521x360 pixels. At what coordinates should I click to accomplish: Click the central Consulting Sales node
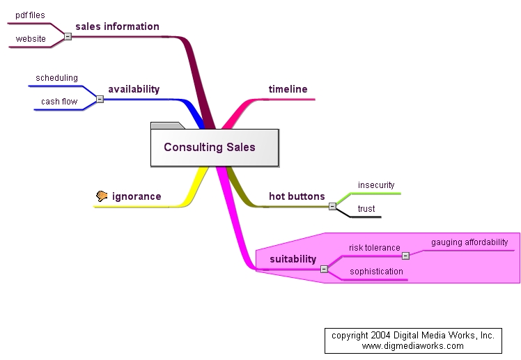click(x=210, y=147)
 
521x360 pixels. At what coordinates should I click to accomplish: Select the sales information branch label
click(x=117, y=26)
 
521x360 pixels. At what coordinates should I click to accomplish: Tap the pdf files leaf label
click(x=30, y=15)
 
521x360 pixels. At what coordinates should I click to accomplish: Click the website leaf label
click(x=31, y=39)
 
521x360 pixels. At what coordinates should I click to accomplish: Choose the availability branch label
click(x=134, y=89)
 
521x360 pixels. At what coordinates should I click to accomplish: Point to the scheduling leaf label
click(x=56, y=78)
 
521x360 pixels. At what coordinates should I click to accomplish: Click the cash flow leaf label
click(x=59, y=102)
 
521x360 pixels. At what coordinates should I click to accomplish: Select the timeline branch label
click(x=288, y=89)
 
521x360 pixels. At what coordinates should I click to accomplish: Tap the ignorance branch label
click(x=137, y=196)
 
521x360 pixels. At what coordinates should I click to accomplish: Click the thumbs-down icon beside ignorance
click(x=102, y=196)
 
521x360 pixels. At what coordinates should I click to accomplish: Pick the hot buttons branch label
click(x=297, y=196)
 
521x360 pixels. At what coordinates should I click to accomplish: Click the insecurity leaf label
click(x=376, y=185)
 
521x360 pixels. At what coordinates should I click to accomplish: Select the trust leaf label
click(x=366, y=209)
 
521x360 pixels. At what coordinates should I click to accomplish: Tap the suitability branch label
click(x=293, y=259)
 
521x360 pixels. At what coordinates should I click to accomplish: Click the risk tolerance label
click(x=374, y=247)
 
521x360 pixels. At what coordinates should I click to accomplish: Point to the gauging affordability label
click(x=469, y=242)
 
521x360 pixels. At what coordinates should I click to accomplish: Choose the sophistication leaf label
click(x=376, y=272)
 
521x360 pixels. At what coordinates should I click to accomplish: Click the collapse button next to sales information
click(x=68, y=36)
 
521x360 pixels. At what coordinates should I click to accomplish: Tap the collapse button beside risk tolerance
click(x=405, y=256)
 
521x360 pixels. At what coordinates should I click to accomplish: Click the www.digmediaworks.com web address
click(x=413, y=345)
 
